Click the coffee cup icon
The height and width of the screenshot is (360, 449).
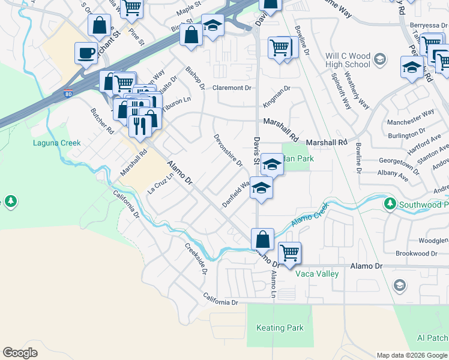[86, 53]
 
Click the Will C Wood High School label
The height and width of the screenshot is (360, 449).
[348, 59]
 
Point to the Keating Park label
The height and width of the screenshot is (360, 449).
[280, 328]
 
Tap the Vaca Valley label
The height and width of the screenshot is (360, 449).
[317, 274]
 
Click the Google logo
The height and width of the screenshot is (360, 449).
[20, 353]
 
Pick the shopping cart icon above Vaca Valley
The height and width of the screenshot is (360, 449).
[289, 253]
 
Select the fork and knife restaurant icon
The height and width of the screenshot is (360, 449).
[139, 126]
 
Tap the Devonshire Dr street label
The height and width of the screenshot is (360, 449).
[228, 150]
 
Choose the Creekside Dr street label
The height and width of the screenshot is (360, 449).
[196, 259]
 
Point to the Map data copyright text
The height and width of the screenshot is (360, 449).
[411, 355]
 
